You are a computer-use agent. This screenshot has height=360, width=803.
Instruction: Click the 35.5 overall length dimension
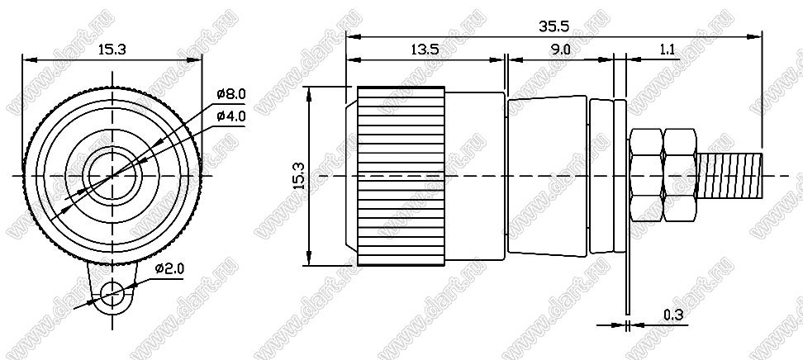[554, 26]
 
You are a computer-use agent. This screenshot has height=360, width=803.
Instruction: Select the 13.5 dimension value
[425, 50]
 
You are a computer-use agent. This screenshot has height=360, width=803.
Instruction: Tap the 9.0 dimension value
[560, 50]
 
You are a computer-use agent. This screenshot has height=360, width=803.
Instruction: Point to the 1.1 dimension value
[667, 50]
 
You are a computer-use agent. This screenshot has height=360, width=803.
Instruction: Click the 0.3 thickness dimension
[673, 316]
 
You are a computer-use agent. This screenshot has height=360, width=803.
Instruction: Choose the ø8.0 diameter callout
[231, 94]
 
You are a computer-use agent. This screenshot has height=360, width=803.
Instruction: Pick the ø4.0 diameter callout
[231, 116]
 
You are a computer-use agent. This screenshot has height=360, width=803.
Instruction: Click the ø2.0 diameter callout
[169, 268]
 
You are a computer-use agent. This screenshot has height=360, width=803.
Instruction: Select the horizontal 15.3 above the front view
[112, 50]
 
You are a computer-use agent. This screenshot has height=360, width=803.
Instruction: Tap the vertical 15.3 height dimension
[300, 176]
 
